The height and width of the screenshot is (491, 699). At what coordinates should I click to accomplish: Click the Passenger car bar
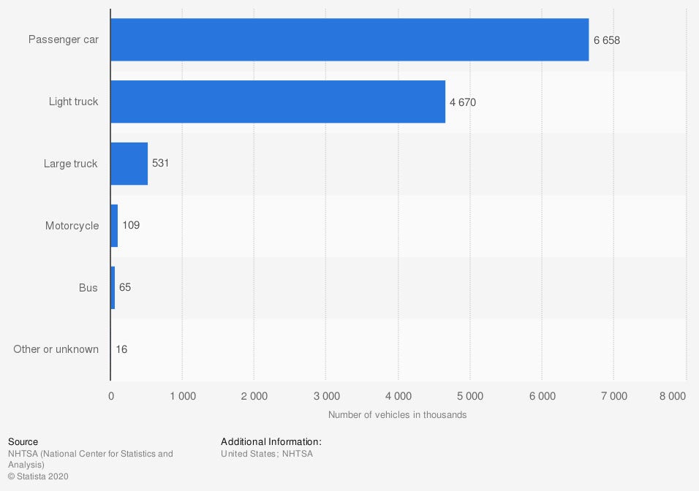point(349,40)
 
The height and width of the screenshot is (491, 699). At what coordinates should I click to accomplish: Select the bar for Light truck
point(278,102)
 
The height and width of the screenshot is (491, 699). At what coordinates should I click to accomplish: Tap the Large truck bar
point(129,164)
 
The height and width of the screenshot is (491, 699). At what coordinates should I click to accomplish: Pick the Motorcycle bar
point(114,226)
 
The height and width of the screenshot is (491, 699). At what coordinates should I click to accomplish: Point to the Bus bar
point(113,288)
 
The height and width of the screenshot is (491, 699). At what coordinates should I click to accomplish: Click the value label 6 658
point(606,40)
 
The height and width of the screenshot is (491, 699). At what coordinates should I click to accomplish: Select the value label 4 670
point(462,102)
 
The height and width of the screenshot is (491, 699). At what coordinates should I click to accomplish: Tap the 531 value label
point(160,164)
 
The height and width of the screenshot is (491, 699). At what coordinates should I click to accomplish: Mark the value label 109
point(131,226)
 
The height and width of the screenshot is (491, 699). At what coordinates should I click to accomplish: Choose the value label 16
point(121,349)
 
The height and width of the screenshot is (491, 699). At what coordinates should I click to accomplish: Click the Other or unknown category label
point(56,349)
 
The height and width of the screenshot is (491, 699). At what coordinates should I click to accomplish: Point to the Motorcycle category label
point(72,226)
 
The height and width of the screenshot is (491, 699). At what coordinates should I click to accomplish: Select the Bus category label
point(88,288)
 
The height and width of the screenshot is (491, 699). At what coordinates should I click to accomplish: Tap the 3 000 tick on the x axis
point(326,397)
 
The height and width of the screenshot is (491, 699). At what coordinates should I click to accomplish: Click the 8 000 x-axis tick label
point(672,397)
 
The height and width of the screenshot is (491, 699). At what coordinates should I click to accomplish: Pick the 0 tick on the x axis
point(111,397)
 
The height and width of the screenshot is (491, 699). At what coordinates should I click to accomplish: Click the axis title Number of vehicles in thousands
point(397,415)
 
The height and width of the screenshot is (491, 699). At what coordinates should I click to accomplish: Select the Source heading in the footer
point(23,442)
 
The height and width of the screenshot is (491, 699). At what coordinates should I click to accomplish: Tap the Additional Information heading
point(271,442)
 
